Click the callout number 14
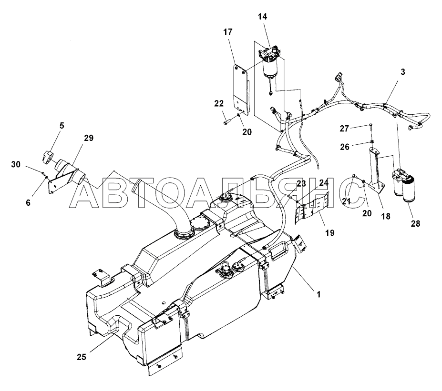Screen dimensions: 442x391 pyautogui.click(x=262, y=17)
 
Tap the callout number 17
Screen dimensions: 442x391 pyautogui.click(x=228, y=32)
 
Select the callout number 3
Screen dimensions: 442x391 pyautogui.click(x=403, y=72)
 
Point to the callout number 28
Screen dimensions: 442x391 pyautogui.click(x=415, y=223)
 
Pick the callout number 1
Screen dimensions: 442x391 pyautogui.click(x=319, y=294)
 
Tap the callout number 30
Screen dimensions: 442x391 pyautogui.click(x=16, y=164)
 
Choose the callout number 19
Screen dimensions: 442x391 pyautogui.click(x=330, y=233)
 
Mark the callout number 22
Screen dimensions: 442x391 pyautogui.click(x=219, y=103)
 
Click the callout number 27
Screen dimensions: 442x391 pyautogui.click(x=344, y=129)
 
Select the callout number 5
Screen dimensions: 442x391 pyautogui.click(x=62, y=126)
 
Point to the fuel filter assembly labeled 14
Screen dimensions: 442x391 pyautogui.click(x=270, y=63)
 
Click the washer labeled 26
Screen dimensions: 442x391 pyautogui.click(x=371, y=141)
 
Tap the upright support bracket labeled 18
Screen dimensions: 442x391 pyautogui.click(x=375, y=170)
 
